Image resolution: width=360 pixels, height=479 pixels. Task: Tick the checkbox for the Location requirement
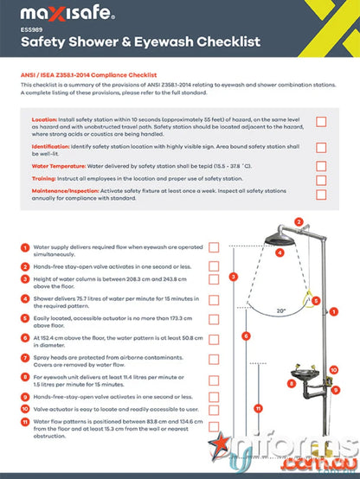click(321, 123)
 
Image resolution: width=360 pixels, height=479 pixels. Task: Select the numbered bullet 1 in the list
click(24, 247)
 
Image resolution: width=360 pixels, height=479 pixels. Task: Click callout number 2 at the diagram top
click(299, 222)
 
